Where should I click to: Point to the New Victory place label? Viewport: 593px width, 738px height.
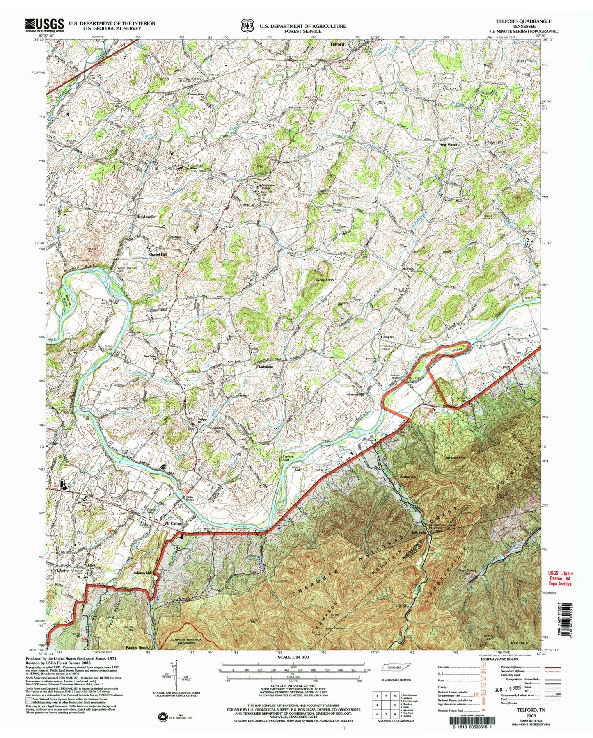[x=449, y=145]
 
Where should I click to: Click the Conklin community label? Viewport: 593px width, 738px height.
[x=386, y=337]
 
